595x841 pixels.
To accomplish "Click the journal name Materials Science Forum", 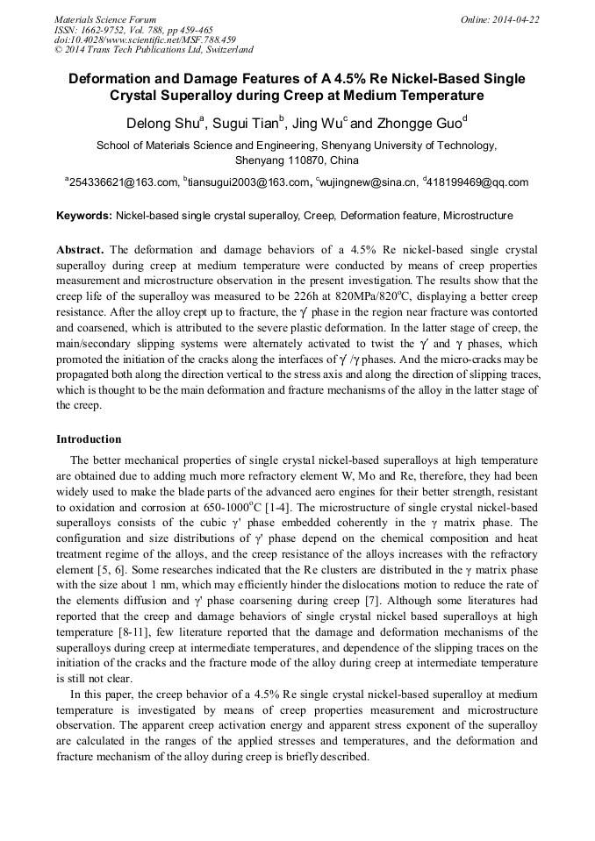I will (x=105, y=19).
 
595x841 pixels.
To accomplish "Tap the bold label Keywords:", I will (x=84, y=216).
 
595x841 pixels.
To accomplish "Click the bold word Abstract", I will (x=80, y=250).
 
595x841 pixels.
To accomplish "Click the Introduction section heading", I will (x=89, y=439).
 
